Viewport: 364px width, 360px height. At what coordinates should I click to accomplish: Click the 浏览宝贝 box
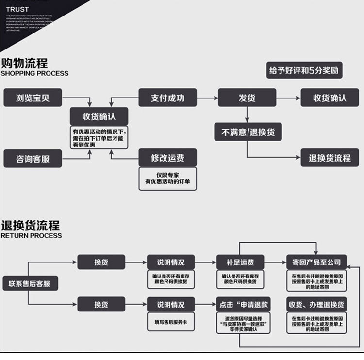(x=33, y=98)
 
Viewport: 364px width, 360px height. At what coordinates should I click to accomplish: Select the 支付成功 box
(x=168, y=98)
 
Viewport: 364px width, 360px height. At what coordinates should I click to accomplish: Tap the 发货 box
(x=247, y=98)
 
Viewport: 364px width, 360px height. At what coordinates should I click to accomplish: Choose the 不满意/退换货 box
(x=248, y=131)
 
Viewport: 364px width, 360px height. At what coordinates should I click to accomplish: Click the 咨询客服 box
(x=33, y=158)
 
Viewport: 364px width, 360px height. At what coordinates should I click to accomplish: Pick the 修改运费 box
(x=168, y=158)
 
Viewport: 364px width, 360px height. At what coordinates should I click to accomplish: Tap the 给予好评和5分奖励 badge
(x=303, y=71)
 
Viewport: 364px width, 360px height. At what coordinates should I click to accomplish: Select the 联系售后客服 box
(x=29, y=283)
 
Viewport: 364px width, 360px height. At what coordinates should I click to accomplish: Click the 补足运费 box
(x=240, y=262)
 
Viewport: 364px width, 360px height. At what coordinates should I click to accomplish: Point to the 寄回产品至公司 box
(x=316, y=262)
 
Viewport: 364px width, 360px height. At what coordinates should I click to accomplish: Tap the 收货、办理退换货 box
(x=316, y=305)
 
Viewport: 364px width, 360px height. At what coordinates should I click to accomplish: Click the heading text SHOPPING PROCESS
(x=34, y=73)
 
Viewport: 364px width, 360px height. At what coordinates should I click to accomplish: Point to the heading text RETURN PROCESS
(x=31, y=235)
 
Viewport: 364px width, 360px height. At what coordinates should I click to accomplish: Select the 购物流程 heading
(x=24, y=63)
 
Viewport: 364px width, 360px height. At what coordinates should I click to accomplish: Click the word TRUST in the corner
(x=17, y=9)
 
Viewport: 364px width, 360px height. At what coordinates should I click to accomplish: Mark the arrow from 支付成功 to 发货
(x=207, y=98)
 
